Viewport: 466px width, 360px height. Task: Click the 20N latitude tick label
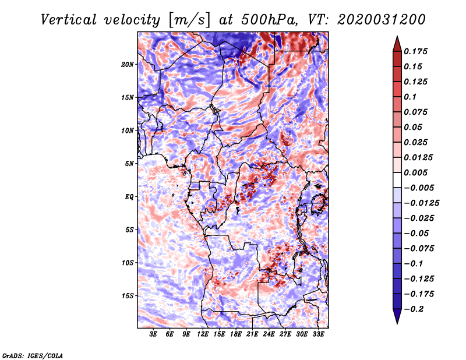[128, 64]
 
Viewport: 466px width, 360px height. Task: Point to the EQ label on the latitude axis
[129, 196]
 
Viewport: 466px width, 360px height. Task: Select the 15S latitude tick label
[128, 295]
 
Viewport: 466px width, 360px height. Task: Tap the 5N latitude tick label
[129, 163]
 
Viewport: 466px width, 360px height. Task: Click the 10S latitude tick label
[128, 262]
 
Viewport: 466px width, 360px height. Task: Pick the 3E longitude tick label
[154, 334]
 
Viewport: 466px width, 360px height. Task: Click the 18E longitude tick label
[236, 334]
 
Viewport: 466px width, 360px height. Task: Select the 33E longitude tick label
[318, 334]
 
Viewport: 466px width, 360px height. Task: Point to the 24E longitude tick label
[269, 334]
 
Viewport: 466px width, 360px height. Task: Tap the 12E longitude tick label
[203, 334]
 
